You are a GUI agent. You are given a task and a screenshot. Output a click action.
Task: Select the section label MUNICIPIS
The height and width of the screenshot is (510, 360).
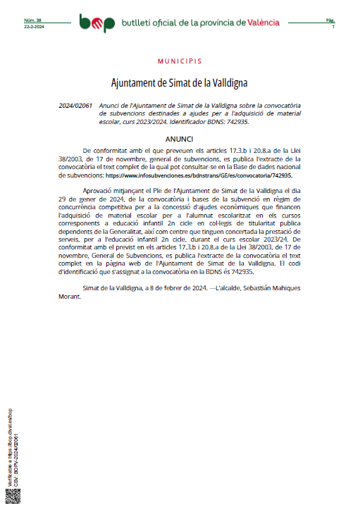point(179,62)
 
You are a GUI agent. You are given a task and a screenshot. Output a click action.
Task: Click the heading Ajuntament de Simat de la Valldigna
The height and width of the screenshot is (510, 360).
point(179,83)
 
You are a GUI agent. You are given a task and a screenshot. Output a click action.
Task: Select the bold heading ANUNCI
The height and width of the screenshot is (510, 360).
point(179,139)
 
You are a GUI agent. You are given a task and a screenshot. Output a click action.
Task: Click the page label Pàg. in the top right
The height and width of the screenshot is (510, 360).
point(330,20)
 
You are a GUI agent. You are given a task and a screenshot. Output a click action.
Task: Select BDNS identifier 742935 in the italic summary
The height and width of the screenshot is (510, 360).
point(235,121)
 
